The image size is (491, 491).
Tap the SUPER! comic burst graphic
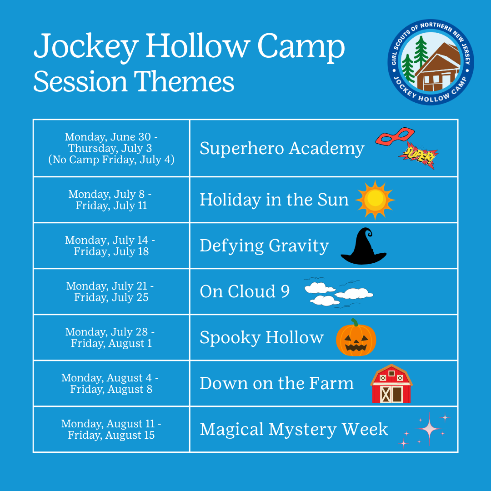418,155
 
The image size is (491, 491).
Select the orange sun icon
375,200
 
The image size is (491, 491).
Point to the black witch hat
364,246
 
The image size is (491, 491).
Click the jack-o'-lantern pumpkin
356,337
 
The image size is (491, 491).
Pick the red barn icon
391,384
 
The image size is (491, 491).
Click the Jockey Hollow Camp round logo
431,62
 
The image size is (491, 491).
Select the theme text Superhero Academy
282,148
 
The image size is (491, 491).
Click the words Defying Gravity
264,246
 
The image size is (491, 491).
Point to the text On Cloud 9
245,291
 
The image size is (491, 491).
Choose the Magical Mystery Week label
294,429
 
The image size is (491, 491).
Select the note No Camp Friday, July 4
111,160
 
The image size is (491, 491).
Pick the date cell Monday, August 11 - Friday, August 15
111,429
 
